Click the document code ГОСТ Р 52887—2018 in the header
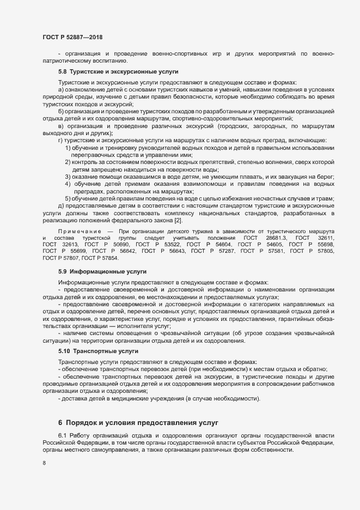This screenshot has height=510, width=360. click(72, 37)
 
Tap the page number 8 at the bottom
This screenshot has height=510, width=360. click(44, 463)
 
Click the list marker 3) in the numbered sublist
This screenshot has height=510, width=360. click(68, 177)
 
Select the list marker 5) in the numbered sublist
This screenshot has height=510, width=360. click(68, 198)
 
